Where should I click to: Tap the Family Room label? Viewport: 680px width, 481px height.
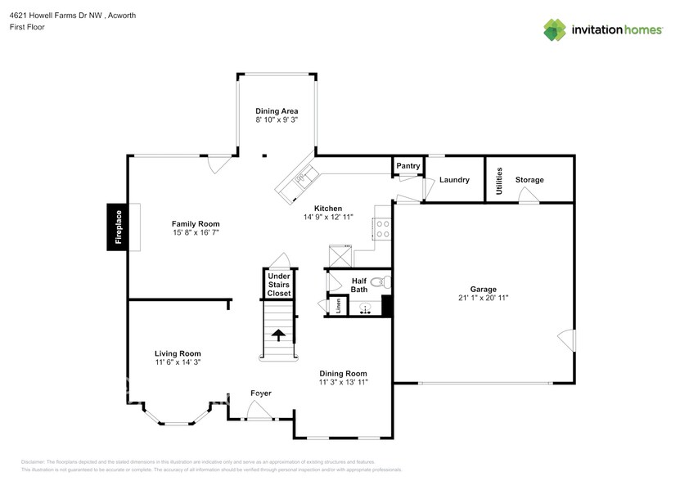(x=195, y=223)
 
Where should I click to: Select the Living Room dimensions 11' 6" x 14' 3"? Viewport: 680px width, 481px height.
(x=178, y=362)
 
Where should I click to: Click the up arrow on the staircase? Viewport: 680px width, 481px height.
(x=277, y=335)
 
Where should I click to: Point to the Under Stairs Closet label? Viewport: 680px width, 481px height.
(x=279, y=285)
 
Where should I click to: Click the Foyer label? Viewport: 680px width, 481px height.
(x=260, y=393)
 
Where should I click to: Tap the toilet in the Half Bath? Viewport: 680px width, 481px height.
(x=378, y=284)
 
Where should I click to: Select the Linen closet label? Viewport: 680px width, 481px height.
(x=336, y=307)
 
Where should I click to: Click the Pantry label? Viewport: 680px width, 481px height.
(x=408, y=166)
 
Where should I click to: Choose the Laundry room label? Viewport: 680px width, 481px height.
(x=454, y=180)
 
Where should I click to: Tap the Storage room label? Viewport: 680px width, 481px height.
(x=529, y=180)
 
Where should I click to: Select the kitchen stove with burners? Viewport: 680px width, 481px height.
(x=383, y=227)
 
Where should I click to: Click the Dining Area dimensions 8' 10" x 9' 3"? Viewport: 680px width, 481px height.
(x=276, y=119)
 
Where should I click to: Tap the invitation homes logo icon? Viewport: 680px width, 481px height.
(x=556, y=29)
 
